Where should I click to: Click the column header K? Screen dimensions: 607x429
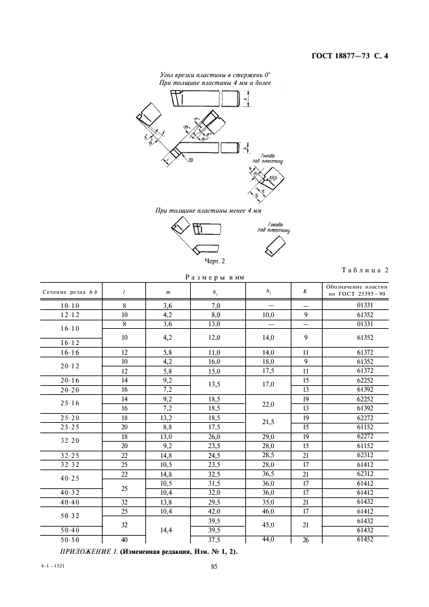[304, 291]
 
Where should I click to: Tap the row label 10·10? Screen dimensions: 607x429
[69, 305]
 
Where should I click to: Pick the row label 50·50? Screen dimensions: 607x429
[69, 540]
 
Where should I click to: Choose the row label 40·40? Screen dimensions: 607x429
[69, 501]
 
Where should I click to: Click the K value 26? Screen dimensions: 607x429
[304, 540]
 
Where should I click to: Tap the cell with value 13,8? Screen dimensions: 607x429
[167, 501]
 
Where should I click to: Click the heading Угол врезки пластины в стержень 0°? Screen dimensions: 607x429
[214, 75]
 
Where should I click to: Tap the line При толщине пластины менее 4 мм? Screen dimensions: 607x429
[208, 211]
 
